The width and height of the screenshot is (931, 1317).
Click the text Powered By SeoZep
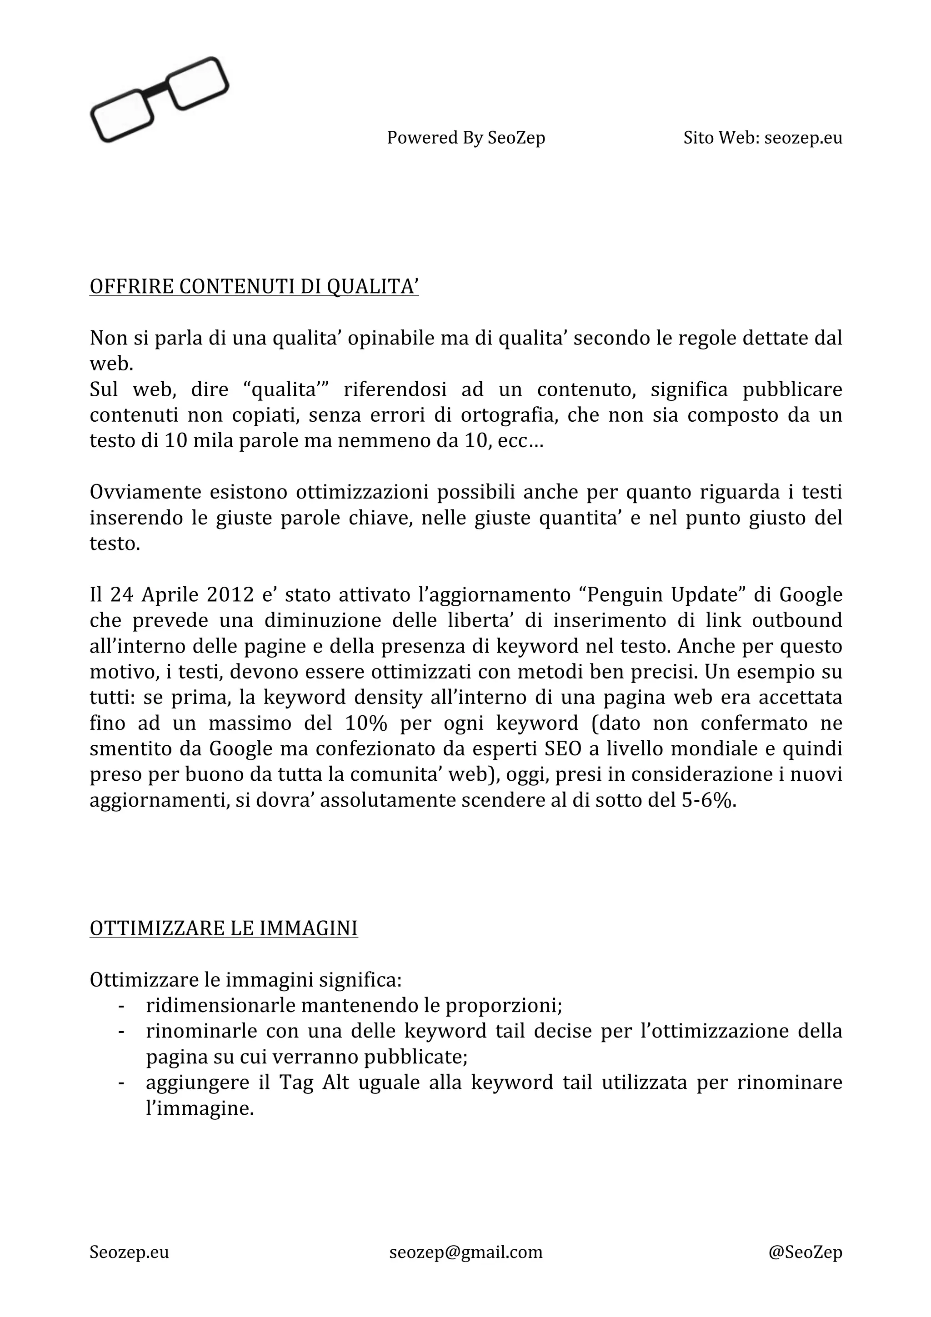(466, 138)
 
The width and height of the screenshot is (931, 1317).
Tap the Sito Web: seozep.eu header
(762, 138)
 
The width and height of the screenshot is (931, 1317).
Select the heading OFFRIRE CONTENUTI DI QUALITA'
(254, 286)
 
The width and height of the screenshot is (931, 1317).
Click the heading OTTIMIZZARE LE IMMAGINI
(224, 928)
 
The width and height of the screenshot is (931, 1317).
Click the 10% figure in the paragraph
(366, 723)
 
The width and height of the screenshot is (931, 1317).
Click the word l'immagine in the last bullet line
(200, 1109)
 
